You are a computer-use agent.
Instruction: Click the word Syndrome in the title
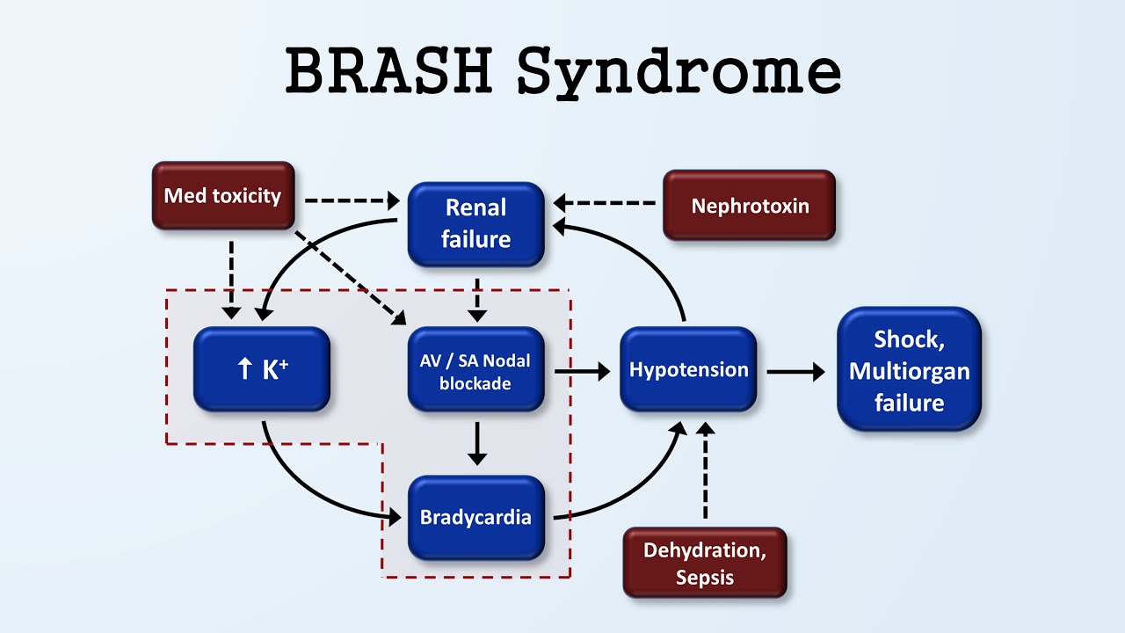(679, 72)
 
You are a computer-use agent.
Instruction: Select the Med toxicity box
(222, 195)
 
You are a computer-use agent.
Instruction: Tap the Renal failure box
(476, 223)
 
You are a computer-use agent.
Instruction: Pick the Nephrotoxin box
(749, 206)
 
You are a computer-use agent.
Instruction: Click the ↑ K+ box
(262, 369)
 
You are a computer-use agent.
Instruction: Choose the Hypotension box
(688, 369)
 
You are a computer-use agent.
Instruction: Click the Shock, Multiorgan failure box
(909, 370)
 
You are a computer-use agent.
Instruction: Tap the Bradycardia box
(475, 517)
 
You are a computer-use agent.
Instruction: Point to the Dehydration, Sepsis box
(704, 563)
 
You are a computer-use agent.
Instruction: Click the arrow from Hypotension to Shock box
(795, 372)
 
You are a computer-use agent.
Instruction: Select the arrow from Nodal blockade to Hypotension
(582, 372)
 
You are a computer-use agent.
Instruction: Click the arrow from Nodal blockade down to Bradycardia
(476, 444)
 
